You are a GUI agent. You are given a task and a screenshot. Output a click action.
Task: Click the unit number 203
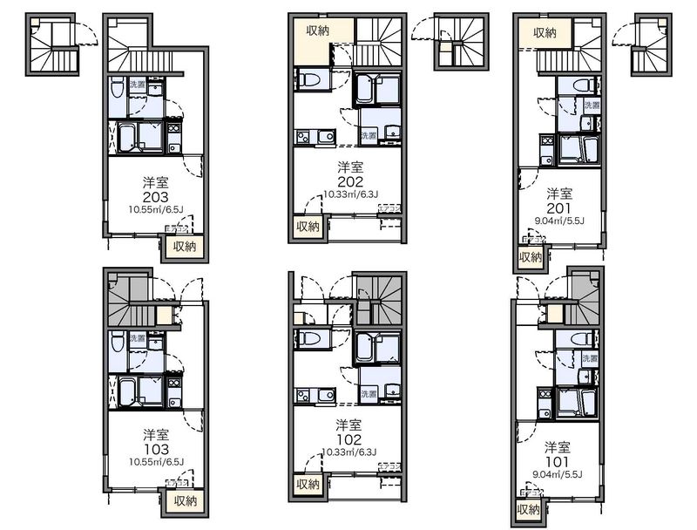point(157,197)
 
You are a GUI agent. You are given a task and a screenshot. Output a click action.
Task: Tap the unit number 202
point(349,181)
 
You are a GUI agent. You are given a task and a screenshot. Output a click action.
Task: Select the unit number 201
point(559,206)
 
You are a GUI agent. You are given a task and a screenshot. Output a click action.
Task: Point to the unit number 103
point(157,447)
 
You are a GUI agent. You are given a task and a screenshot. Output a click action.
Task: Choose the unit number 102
point(349,438)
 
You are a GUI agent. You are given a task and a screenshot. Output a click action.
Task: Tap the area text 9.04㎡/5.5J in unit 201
point(559,220)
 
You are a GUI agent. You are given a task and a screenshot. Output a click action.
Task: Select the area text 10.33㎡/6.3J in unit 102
point(349,452)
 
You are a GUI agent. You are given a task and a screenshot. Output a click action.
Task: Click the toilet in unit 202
point(311,81)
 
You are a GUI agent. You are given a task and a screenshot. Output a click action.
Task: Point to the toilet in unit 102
point(311,336)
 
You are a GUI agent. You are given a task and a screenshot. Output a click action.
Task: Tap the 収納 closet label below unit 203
point(185,247)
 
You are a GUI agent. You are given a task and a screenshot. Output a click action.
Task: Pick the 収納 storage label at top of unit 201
point(545,33)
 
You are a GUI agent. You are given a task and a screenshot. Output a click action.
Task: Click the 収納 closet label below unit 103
point(185,500)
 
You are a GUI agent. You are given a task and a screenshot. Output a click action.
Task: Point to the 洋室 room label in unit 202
point(349,166)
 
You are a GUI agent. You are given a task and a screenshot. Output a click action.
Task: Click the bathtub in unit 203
point(126,138)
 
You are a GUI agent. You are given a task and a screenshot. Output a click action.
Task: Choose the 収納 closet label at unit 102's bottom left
point(307,485)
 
